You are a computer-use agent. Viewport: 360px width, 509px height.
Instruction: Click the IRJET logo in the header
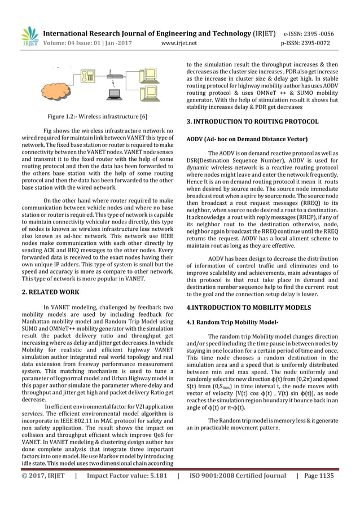tap(28, 36)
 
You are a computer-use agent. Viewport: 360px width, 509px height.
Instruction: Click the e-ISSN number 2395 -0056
tap(328, 33)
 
